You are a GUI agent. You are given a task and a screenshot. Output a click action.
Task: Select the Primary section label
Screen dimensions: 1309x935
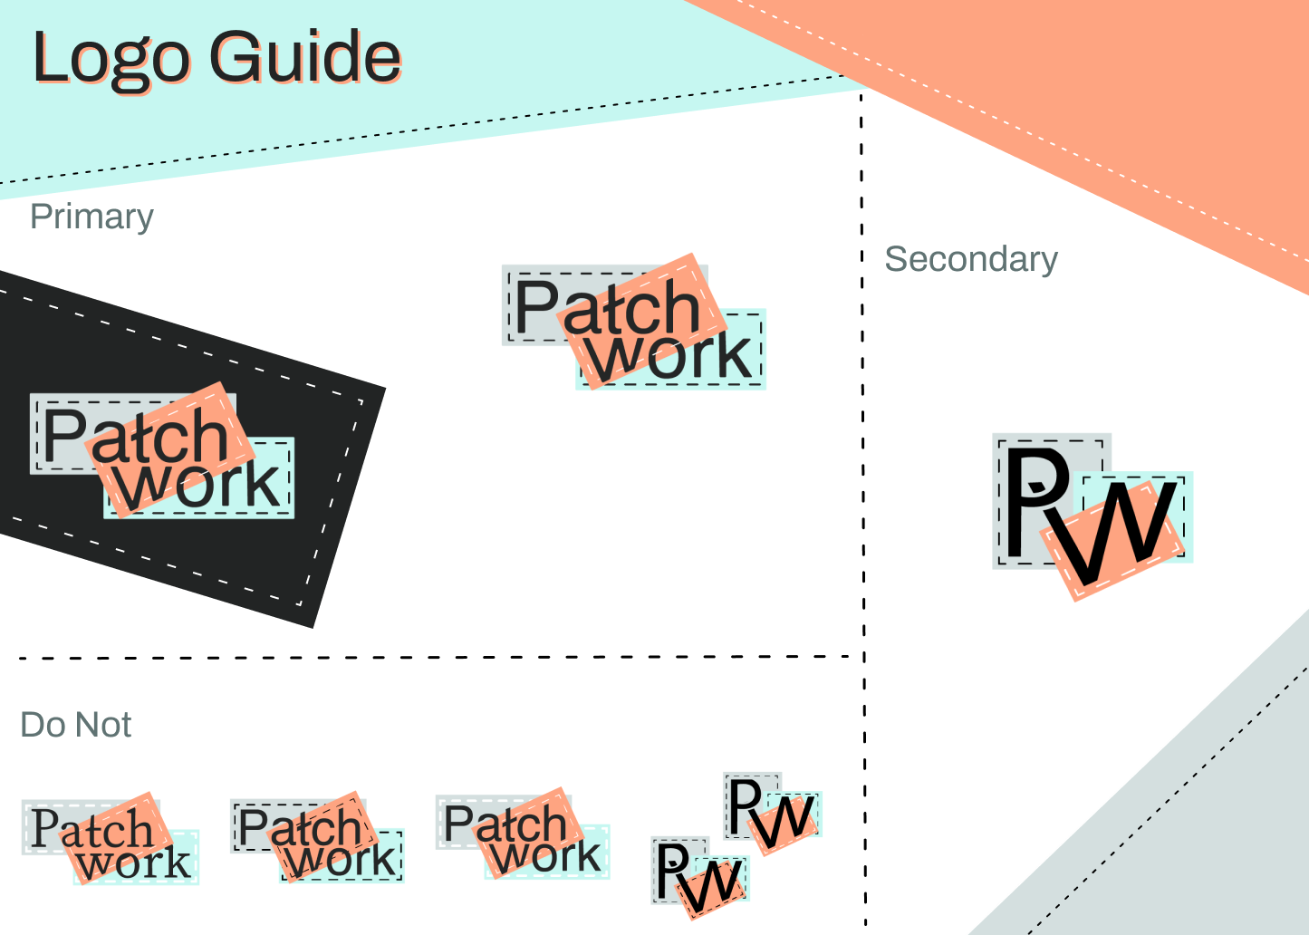pyautogui.click(x=91, y=217)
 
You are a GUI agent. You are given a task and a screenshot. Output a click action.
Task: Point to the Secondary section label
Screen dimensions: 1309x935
pyautogui.click(x=970, y=259)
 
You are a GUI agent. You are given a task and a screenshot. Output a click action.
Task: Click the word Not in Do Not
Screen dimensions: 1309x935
pyautogui.click(x=103, y=725)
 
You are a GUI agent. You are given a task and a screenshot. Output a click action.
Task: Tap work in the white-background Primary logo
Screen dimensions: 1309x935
pyautogui.click(x=669, y=356)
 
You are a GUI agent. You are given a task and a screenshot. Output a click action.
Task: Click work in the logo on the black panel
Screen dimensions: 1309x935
pyautogui.click(x=198, y=485)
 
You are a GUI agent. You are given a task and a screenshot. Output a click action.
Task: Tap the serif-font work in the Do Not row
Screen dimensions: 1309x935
pyautogui.click(x=134, y=862)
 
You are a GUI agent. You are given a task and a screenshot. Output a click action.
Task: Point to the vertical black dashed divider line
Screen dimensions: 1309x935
pyautogui.click(x=863, y=508)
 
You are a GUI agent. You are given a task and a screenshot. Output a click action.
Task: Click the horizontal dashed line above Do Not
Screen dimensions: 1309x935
pyautogui.click(x=436, y=658)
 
